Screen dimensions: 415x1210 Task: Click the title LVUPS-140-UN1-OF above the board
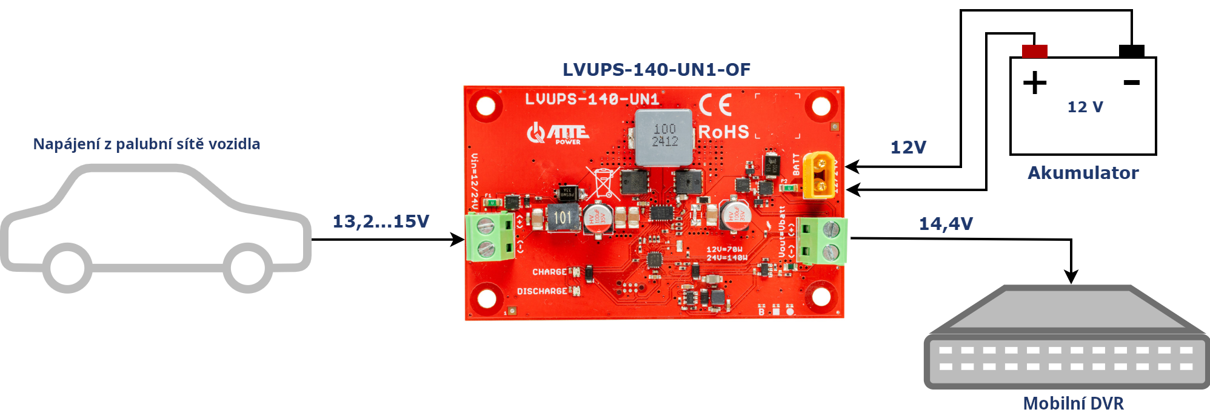tap(656, 70)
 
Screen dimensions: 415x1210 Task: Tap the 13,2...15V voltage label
tap(381, 221)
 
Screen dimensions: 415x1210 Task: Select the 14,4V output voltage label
tap(946, 224)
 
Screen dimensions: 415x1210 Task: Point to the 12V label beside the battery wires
tap(907, 147)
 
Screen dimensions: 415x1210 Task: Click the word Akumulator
tap(1083, 173)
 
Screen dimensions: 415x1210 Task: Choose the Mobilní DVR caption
tap(1073, 403)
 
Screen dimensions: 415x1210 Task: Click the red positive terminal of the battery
tap(1034, 51)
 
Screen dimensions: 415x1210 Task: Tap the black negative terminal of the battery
tap(1131, 51)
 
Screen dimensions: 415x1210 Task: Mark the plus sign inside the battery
tap(1035, 83)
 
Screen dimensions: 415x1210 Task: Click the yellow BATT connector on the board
tap(818, 175)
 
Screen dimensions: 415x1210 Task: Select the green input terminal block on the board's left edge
tap(490, 237)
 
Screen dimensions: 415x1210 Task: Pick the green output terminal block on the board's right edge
tap(821, 240)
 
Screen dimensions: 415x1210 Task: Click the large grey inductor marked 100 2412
tap(664, 137)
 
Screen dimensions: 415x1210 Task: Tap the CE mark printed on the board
tap(715, 105)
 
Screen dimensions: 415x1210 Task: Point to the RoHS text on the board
tap(724, 132)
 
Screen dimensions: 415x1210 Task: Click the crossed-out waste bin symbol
tap(603, 183)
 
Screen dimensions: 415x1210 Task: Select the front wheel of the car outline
tap(247, 268)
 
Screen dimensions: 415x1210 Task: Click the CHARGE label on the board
tap(549, 272)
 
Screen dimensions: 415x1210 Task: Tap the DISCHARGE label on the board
tap(541, 291)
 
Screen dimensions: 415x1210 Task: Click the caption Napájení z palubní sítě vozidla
tap(147, 144)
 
